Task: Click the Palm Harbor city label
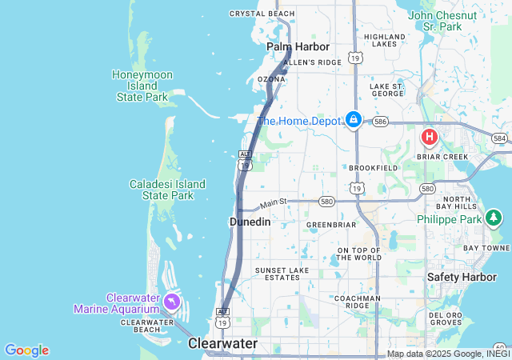pyautogui.click(x=298, y=47)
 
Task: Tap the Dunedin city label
pyautogui.click(x=250, y=222)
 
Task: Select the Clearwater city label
pyautogui.click(x=222, y=343)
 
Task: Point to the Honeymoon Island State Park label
pyautogui.click(x=141, y=86)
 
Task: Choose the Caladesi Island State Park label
pyautogui.click(x=167, y=190)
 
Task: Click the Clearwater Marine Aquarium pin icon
pyautogui.click(x=172, y=302)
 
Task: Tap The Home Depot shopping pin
pyautogui.click(x=353, y=120)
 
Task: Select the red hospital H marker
pyautogui.click(x=430, y=137)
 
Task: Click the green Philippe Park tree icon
pyautogui.click(x=494, y=218)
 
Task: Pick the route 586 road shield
pyautogui.click(x=380, y=122)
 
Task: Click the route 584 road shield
pyautogui.click(x=500, y=138)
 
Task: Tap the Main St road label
pyautogui.click(x=272, y=203)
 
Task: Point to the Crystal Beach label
pyautogui.click(x=262, y=14)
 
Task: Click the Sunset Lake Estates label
pyautogui.click(x=282, y=274)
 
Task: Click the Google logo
pyautogui.click(x=26, y=350)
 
